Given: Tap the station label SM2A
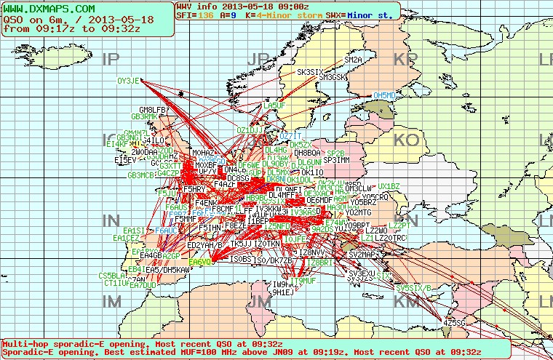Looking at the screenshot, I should pyautogui.click(x=353, y=60).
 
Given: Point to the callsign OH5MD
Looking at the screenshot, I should pyautogui.click(x=384, y=95).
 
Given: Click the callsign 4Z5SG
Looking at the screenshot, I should pyautogui.click(x=454, y=321).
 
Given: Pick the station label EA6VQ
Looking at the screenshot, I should pyautogui.click(x=199, y=262).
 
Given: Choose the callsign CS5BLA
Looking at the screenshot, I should pyautogui.click(x=112, y=276).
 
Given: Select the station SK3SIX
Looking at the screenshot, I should pyautogui.click(x=310, y=72).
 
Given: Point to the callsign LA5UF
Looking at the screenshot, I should pyautogui.click(x=274, y=105).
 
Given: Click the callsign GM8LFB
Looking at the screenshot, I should pyautogui.click(x=154, y=110).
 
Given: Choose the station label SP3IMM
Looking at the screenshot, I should pyautogui.click(x=336, y=159).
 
